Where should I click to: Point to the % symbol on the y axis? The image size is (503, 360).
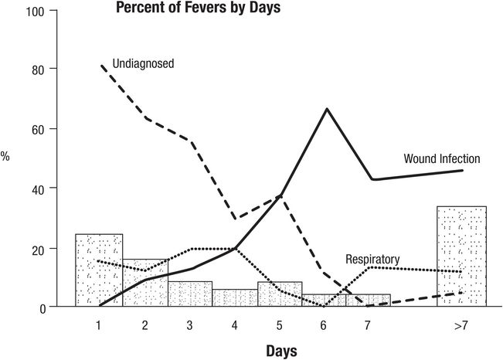coord(5,156)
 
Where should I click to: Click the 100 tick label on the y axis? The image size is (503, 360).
coord(35,12)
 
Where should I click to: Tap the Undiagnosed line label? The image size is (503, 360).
coord(143,63)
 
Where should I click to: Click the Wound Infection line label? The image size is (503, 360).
coord(442,158)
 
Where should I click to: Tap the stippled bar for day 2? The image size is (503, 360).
coord(145,283)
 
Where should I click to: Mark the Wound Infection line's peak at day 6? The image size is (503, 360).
coord(327,109)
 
